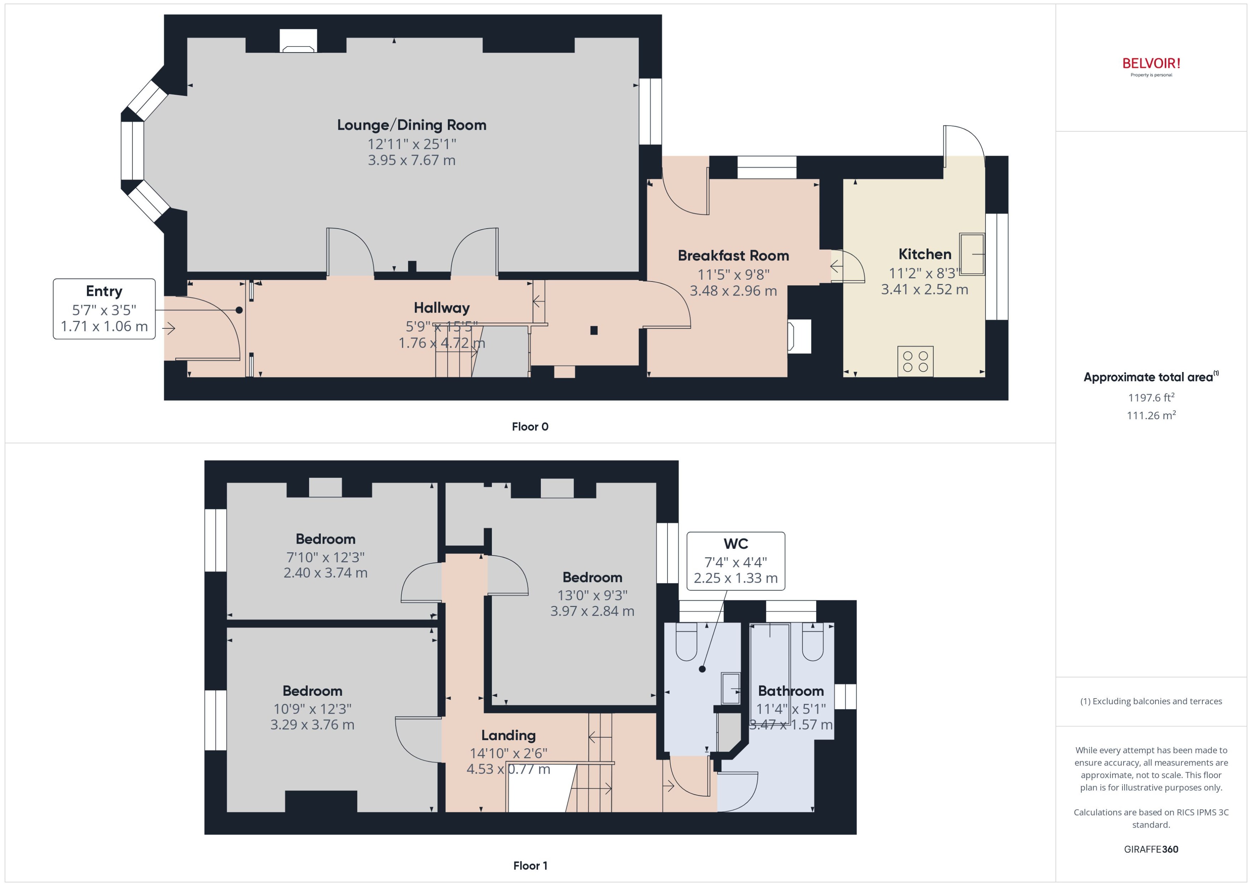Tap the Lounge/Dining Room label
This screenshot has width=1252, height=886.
click(x=411, y=125)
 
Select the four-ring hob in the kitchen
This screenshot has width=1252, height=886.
click(x=915, y=361)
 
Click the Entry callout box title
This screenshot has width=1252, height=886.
click(x=104, y=291)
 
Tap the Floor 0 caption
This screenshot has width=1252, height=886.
click(x=530, y=427)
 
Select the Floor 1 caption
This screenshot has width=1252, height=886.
click(x=530, y=865)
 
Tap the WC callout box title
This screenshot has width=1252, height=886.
click(x=735, y=544)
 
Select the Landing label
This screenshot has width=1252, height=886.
click(x=508, y=735)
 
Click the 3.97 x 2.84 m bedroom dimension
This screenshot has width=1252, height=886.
click(x=592, y=611)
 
